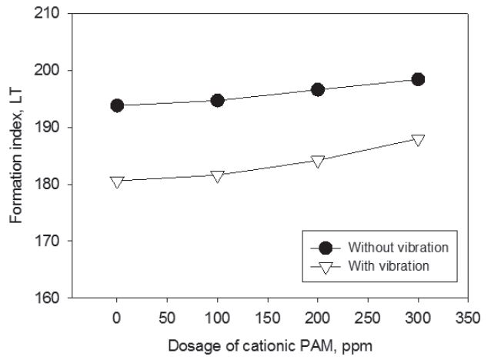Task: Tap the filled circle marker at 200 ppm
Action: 318,89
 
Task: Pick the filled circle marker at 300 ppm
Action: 418,79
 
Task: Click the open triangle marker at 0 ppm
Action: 117,182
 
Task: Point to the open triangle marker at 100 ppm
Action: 217,176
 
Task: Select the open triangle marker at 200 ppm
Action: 318,161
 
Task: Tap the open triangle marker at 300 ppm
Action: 418,140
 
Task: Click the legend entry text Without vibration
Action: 398,248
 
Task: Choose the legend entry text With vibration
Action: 389,266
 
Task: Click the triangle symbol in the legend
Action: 326,267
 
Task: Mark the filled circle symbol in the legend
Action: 326,248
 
